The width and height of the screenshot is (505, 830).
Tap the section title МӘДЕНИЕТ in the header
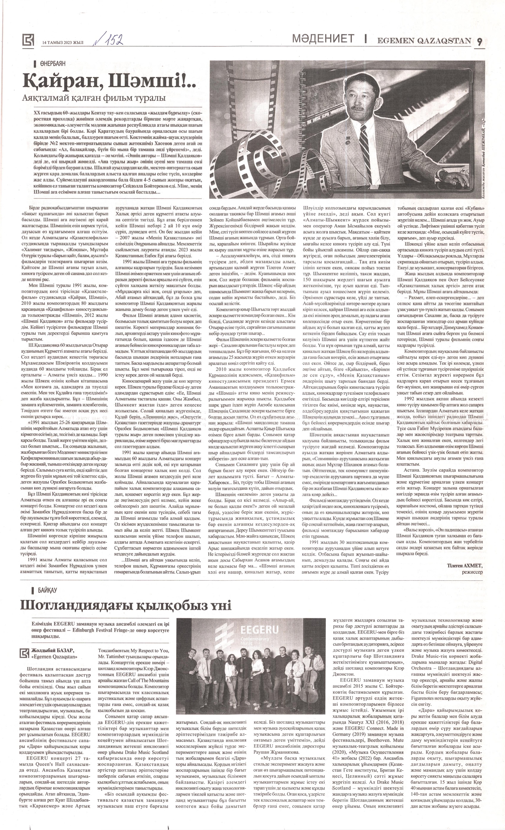point(323,39)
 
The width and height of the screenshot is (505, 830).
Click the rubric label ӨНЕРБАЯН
point(52,63)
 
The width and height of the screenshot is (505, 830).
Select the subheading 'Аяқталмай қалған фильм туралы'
point(94,99)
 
